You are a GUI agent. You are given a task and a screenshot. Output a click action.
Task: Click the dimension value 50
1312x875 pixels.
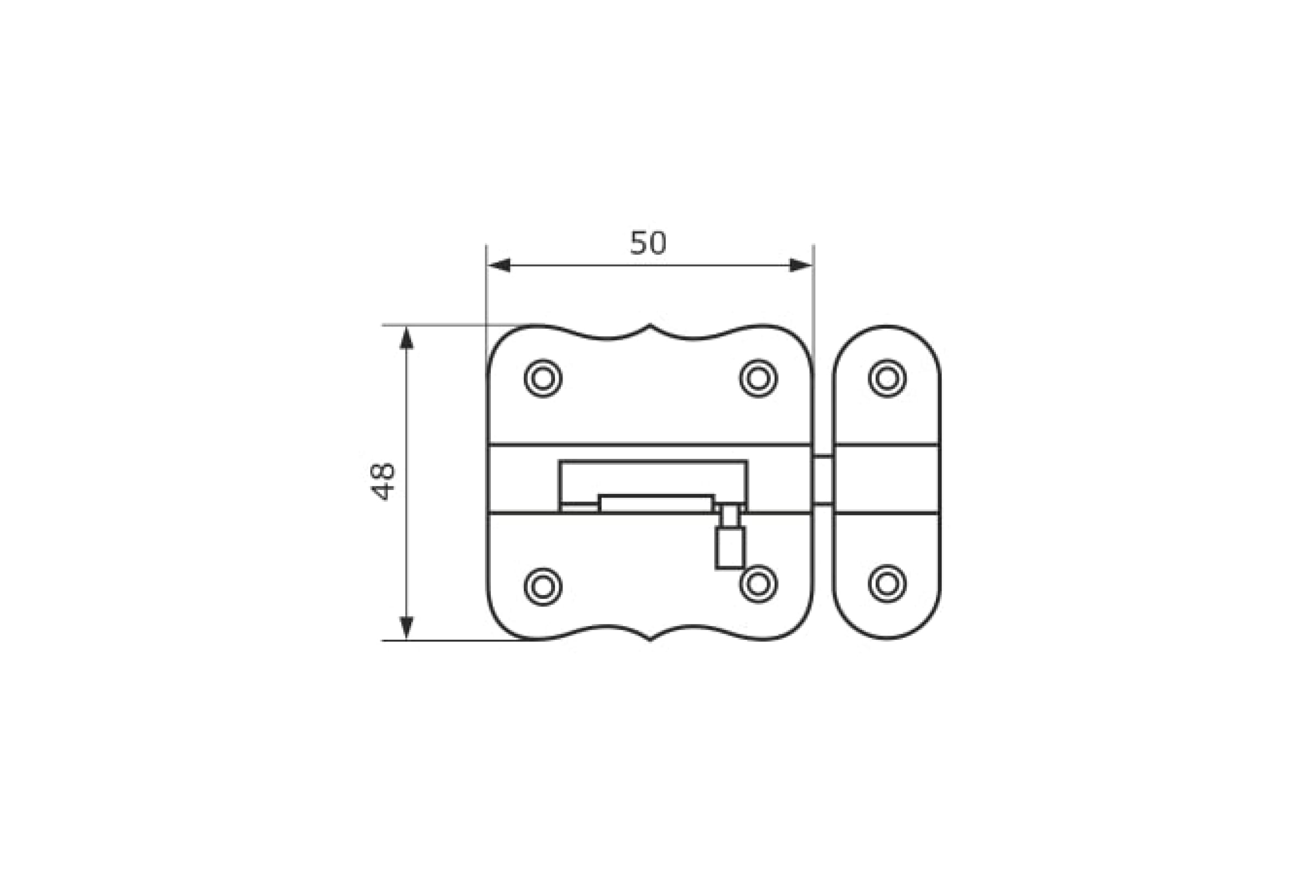tap(648, 243)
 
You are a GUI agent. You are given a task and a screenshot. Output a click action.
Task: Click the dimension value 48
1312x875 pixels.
tap(383, 482)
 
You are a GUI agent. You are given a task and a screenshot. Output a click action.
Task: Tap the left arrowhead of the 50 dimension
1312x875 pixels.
tap(499, 265)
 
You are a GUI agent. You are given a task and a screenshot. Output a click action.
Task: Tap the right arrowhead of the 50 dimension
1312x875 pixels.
tap(800, 265)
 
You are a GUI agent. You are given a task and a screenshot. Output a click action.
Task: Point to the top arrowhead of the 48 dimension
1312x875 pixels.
tap(407, 338)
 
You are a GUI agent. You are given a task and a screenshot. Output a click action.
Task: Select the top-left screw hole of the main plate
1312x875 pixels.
tap(543, 378)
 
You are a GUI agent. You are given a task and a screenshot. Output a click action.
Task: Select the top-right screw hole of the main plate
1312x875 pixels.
tap(758, 378)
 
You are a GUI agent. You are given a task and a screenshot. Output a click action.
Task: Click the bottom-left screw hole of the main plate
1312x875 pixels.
tap(543, 586)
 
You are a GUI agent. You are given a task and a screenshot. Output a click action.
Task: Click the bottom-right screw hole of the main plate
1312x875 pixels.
tap(758, 584)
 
